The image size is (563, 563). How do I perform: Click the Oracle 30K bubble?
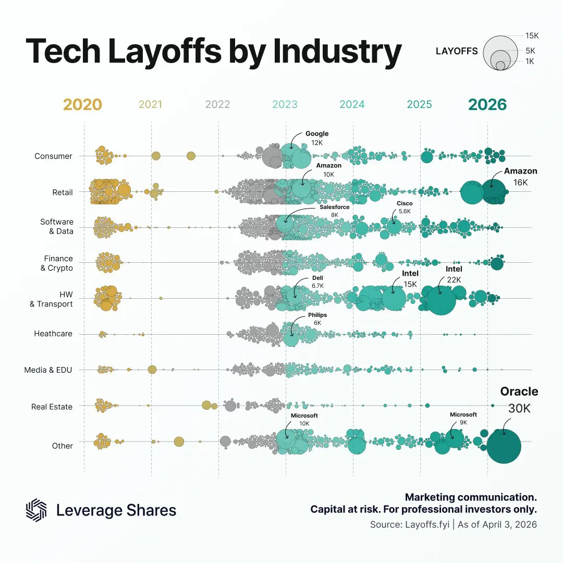coord(504,446)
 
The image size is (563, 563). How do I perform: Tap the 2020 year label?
coord(82,105)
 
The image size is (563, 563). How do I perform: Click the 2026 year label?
coord(487,105)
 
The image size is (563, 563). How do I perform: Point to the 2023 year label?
coord(285,105)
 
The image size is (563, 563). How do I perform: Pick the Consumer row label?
coord(53,156)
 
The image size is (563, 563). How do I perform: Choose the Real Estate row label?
coord(52,406)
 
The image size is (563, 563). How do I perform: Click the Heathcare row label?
coord(53,334)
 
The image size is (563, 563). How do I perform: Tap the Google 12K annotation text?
coord(317,138)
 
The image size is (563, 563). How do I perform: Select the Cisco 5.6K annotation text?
coord(405,207)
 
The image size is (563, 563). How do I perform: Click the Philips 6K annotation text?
coord(317,319)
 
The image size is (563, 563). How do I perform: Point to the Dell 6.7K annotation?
coord(317,282)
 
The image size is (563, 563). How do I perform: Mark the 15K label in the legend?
coord(532,36)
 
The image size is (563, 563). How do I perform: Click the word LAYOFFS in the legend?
coord(457,51)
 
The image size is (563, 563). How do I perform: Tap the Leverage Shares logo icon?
coord(36,509)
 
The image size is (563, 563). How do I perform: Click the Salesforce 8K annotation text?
coord(334,211)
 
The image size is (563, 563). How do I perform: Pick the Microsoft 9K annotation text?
coord(463,419)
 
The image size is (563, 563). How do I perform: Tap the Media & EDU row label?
coord(48,370)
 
